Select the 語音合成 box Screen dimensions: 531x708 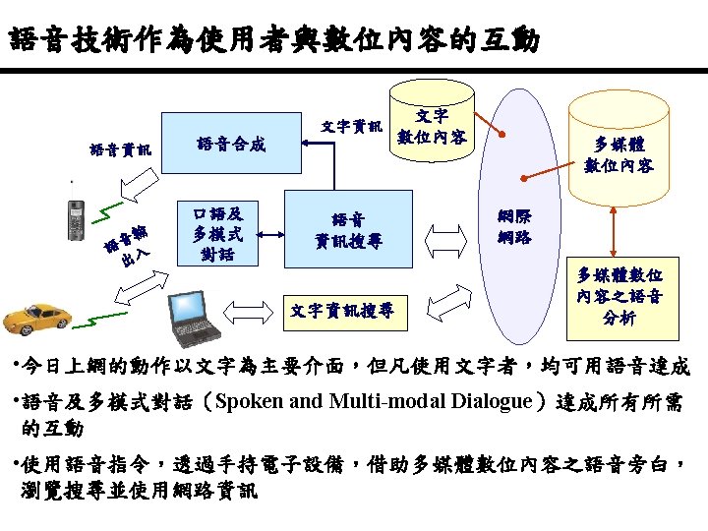pos(230,145)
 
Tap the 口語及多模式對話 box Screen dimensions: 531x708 pos(218,234)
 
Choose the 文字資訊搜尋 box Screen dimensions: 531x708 pos(343,311)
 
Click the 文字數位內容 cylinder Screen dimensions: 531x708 pos(431,126)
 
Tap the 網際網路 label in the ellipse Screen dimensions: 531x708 pos(514,227)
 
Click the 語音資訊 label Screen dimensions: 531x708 pos(121,149)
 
